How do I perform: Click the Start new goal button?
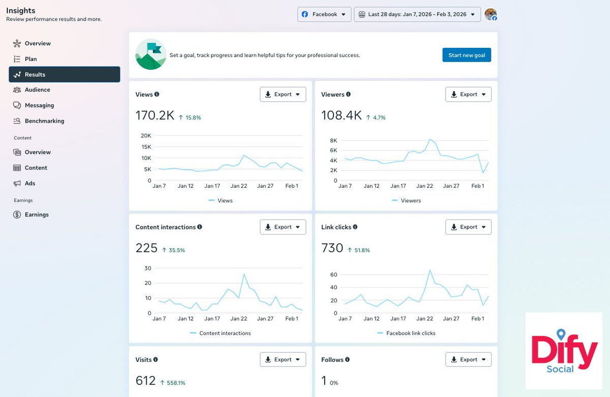coord(467,55)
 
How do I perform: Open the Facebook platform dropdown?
coord(324,14)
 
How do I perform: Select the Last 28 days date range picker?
coord(417,14)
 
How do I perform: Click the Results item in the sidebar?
coord(65,74)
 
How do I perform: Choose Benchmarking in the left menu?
coord(44,121)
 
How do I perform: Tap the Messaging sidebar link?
coord(39,105)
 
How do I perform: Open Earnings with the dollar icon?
coord(37,215)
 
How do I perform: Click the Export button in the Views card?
coord(283,94)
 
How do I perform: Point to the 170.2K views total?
coord(155,116)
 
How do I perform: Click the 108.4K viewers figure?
coord(341,116)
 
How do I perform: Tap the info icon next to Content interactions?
coord(200,227)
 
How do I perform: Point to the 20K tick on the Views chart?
coord(146,135)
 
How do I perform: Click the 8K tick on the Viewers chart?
coord(333,140)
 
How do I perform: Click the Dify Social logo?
coord(564,351)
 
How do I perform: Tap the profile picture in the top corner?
coord(491,14)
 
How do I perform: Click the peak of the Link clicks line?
coord(430,270)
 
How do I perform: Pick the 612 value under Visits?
coord(145,381)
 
